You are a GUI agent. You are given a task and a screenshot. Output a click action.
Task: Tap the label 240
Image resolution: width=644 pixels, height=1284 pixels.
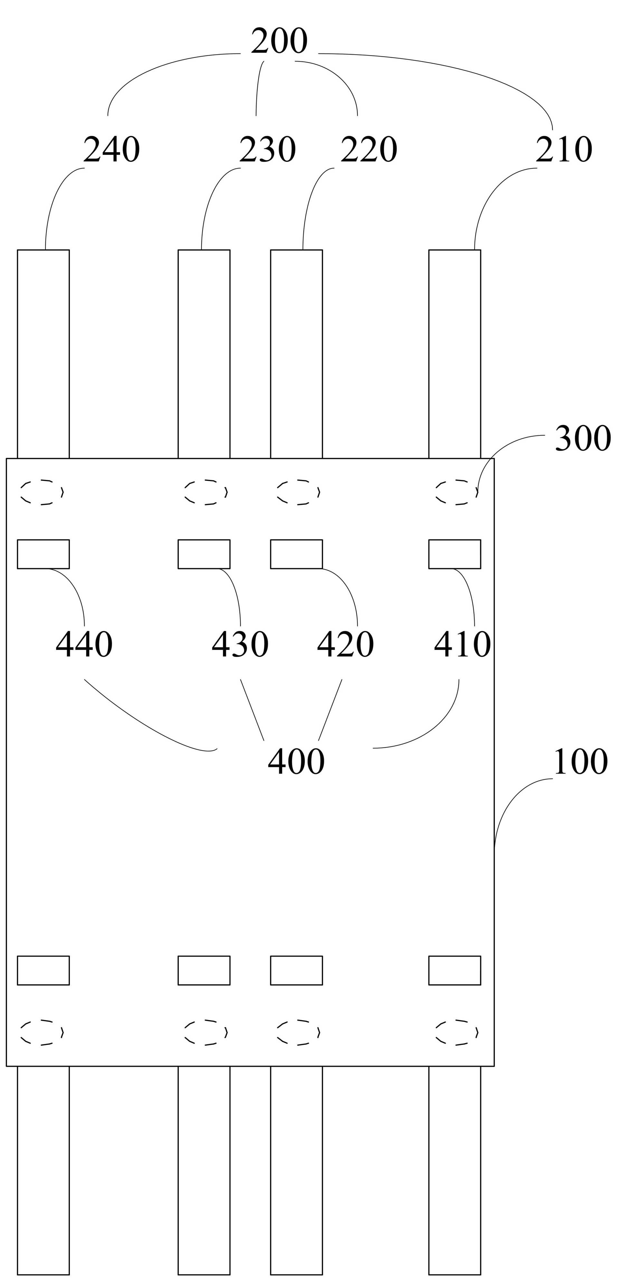111,150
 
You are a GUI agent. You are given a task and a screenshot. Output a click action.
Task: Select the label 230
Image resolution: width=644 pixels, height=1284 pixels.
267,150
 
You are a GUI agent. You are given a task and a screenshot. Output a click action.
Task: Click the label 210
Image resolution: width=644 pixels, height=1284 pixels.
564,150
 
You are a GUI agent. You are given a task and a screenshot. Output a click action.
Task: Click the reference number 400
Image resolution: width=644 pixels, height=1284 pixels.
296,762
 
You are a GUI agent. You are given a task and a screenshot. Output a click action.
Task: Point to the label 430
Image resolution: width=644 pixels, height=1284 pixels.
240,644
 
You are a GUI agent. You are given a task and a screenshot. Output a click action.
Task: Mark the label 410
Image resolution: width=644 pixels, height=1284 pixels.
462,644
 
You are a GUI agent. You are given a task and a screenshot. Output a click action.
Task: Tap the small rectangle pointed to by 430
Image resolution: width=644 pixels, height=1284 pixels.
204,554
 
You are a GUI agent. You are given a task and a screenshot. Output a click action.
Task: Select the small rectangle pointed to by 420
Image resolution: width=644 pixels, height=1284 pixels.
297,554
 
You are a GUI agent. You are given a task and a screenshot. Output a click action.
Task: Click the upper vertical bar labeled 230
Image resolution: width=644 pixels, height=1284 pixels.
204,354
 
